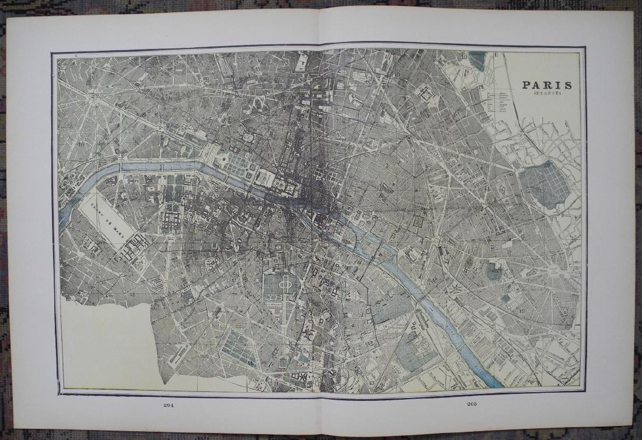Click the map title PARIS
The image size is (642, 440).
coord(547,85)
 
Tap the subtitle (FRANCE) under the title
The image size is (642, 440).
coord(547,95)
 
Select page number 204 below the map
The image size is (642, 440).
coord(169,406)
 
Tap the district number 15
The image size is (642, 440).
coord(132,294)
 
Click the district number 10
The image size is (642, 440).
coord(396,75)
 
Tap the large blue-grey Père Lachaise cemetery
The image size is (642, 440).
coord(544,185)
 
